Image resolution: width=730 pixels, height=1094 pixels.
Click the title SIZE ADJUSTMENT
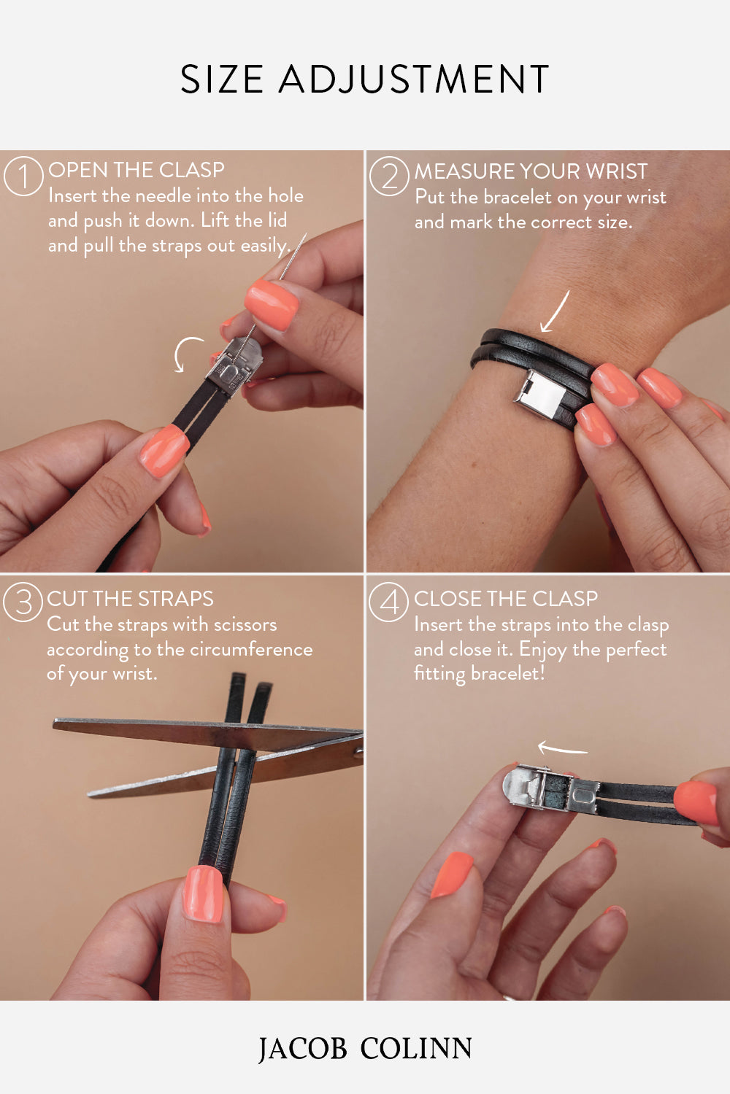364,79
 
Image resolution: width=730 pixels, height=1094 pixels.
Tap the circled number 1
23,177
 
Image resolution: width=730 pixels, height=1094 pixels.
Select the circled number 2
389,177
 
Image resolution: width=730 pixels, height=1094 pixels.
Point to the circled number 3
23,602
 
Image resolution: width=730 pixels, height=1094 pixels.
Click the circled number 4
388,602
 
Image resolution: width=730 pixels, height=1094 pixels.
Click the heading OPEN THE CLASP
137,170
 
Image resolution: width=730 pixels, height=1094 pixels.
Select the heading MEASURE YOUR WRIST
531,171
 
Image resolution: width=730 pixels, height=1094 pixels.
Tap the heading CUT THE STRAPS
130,599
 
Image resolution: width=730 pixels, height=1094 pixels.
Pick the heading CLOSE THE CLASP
506,599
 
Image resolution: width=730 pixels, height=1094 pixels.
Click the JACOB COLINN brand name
364,1049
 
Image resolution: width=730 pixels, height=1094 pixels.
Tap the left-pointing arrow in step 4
562,748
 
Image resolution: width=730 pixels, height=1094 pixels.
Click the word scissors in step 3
244,625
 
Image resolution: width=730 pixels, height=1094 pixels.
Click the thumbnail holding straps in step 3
202,893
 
